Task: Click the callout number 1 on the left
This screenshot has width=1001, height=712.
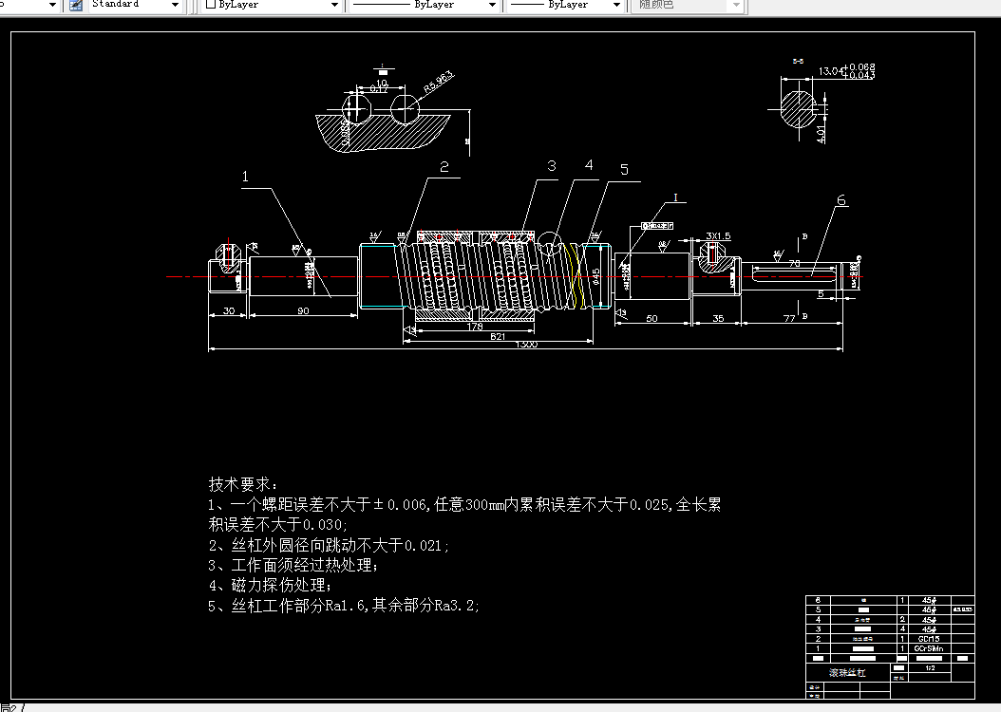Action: point(245,177)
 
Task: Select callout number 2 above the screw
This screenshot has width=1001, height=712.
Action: point(444,167)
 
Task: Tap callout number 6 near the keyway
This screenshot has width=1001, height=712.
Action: point(841,200)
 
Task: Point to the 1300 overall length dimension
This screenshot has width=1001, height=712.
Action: point(526,345)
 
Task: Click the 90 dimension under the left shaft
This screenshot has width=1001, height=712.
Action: point(303,311)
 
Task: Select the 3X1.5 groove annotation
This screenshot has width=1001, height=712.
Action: point(718,235)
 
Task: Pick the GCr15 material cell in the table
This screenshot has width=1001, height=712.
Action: point(928,639)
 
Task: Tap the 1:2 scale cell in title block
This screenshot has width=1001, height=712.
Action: point(930,667)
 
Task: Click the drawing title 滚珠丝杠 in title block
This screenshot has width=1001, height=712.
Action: point(836,673)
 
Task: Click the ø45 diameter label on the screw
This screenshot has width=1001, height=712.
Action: point(595,275)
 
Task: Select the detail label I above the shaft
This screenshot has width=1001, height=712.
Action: point(675,197)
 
